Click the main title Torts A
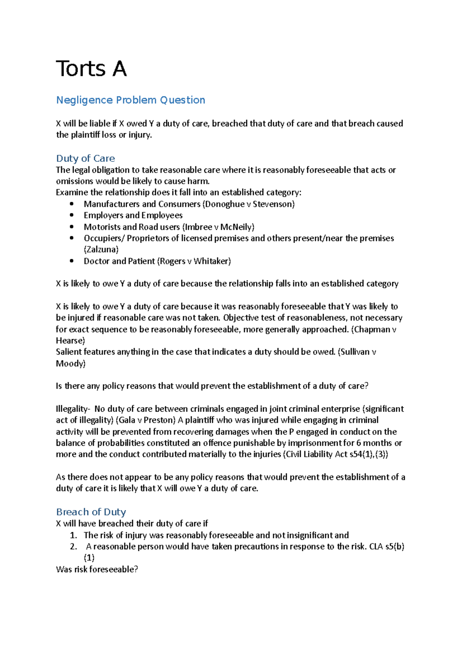click(91, 69)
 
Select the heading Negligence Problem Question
click(131, 100)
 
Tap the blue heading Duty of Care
click(85, 158)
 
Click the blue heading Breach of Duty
click(91, 512)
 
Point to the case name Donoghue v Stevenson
click(249, 204)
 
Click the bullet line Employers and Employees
click(133, 215)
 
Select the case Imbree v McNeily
click(218, 227)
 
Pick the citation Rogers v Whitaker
click(194, 261)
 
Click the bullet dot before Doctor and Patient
click(72, 261)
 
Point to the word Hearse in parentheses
click(70, 341)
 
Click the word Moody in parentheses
click(70, 364)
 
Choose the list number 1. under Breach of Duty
click(74, 535)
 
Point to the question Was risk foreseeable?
click(97, 570)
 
